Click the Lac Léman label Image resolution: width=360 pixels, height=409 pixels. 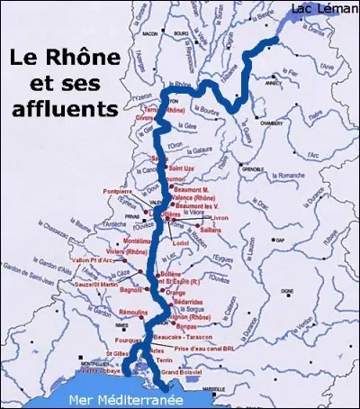pos(323,9)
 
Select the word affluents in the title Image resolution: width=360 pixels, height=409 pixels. pos(73,110)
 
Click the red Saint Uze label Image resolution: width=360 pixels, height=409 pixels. pos(183,168)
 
